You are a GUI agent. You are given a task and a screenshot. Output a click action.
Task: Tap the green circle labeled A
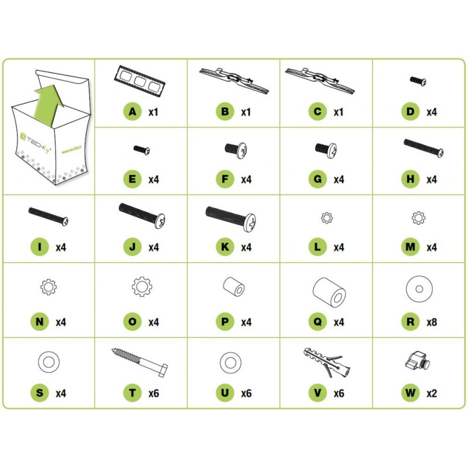click(x=132, y=112)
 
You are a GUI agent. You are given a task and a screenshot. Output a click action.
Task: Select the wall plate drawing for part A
click(x=139, y=81)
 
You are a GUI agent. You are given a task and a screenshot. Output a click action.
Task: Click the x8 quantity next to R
click(x=432, y=322)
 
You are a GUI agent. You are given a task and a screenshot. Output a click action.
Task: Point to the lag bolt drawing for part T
click(x=140, y=362)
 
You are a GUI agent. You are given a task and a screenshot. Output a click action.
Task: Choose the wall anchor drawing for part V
click(x=327, y=362)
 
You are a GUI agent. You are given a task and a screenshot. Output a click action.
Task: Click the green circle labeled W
click(x=411, y=393)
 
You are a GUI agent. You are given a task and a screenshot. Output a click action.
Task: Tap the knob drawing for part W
click(x=417, y=360)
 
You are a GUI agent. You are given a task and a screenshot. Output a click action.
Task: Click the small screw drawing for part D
click(x=418, y=81)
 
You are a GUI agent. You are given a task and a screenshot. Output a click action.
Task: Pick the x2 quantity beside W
click(x=432, y=393)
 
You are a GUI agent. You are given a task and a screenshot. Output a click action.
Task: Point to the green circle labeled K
click(x=225, y=247)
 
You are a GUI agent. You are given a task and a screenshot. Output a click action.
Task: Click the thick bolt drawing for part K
click(x=230, y=218)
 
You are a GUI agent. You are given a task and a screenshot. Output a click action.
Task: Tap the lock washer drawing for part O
click(x=142, y=286)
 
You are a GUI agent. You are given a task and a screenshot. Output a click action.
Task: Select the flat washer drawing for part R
click(x=419, y=288)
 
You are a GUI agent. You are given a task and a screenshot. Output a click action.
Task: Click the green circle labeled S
click(x=39, y=393)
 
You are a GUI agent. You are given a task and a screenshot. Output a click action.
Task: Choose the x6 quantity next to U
click(x=246, y=393)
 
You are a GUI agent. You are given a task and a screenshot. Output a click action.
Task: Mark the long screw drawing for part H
click(x=424, y=148)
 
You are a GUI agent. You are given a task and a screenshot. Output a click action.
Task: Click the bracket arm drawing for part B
click(x=233, y=80)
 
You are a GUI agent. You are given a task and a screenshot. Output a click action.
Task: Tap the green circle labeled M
click(x=411, y=247)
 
